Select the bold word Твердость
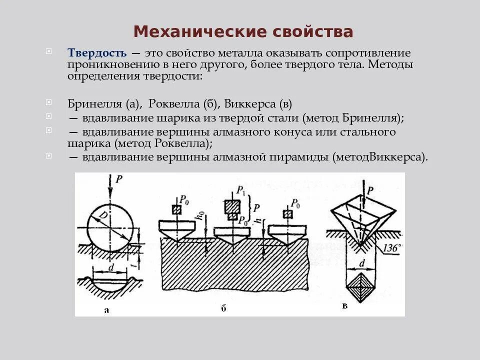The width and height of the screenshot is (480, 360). pos(97,53)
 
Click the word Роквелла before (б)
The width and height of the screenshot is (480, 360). pos(173,104)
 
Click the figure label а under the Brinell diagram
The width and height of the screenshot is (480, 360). pos(106,310)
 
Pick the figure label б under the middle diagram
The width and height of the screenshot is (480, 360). pos(223,308)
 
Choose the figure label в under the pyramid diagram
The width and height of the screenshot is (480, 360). pos(344,305)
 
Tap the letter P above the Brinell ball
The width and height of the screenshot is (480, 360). pos(118,179)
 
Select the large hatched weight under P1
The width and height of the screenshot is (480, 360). pos(231,205)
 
